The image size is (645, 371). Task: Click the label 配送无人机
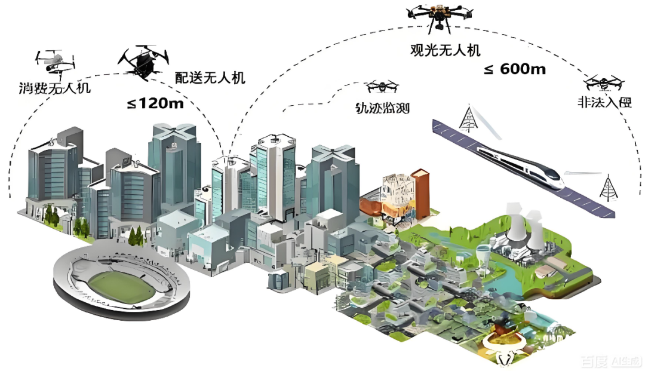(x=210, y=78)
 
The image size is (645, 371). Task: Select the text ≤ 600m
(x=514, y=69)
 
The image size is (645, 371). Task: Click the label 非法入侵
(x=604, y=102)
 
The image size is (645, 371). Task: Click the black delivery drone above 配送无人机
(x=143, y=60)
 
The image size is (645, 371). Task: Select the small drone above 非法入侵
(x=603, y=83)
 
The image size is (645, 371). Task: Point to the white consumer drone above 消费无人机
(x=55, y=61)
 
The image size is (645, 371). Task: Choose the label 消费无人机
(x=54, y=89)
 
